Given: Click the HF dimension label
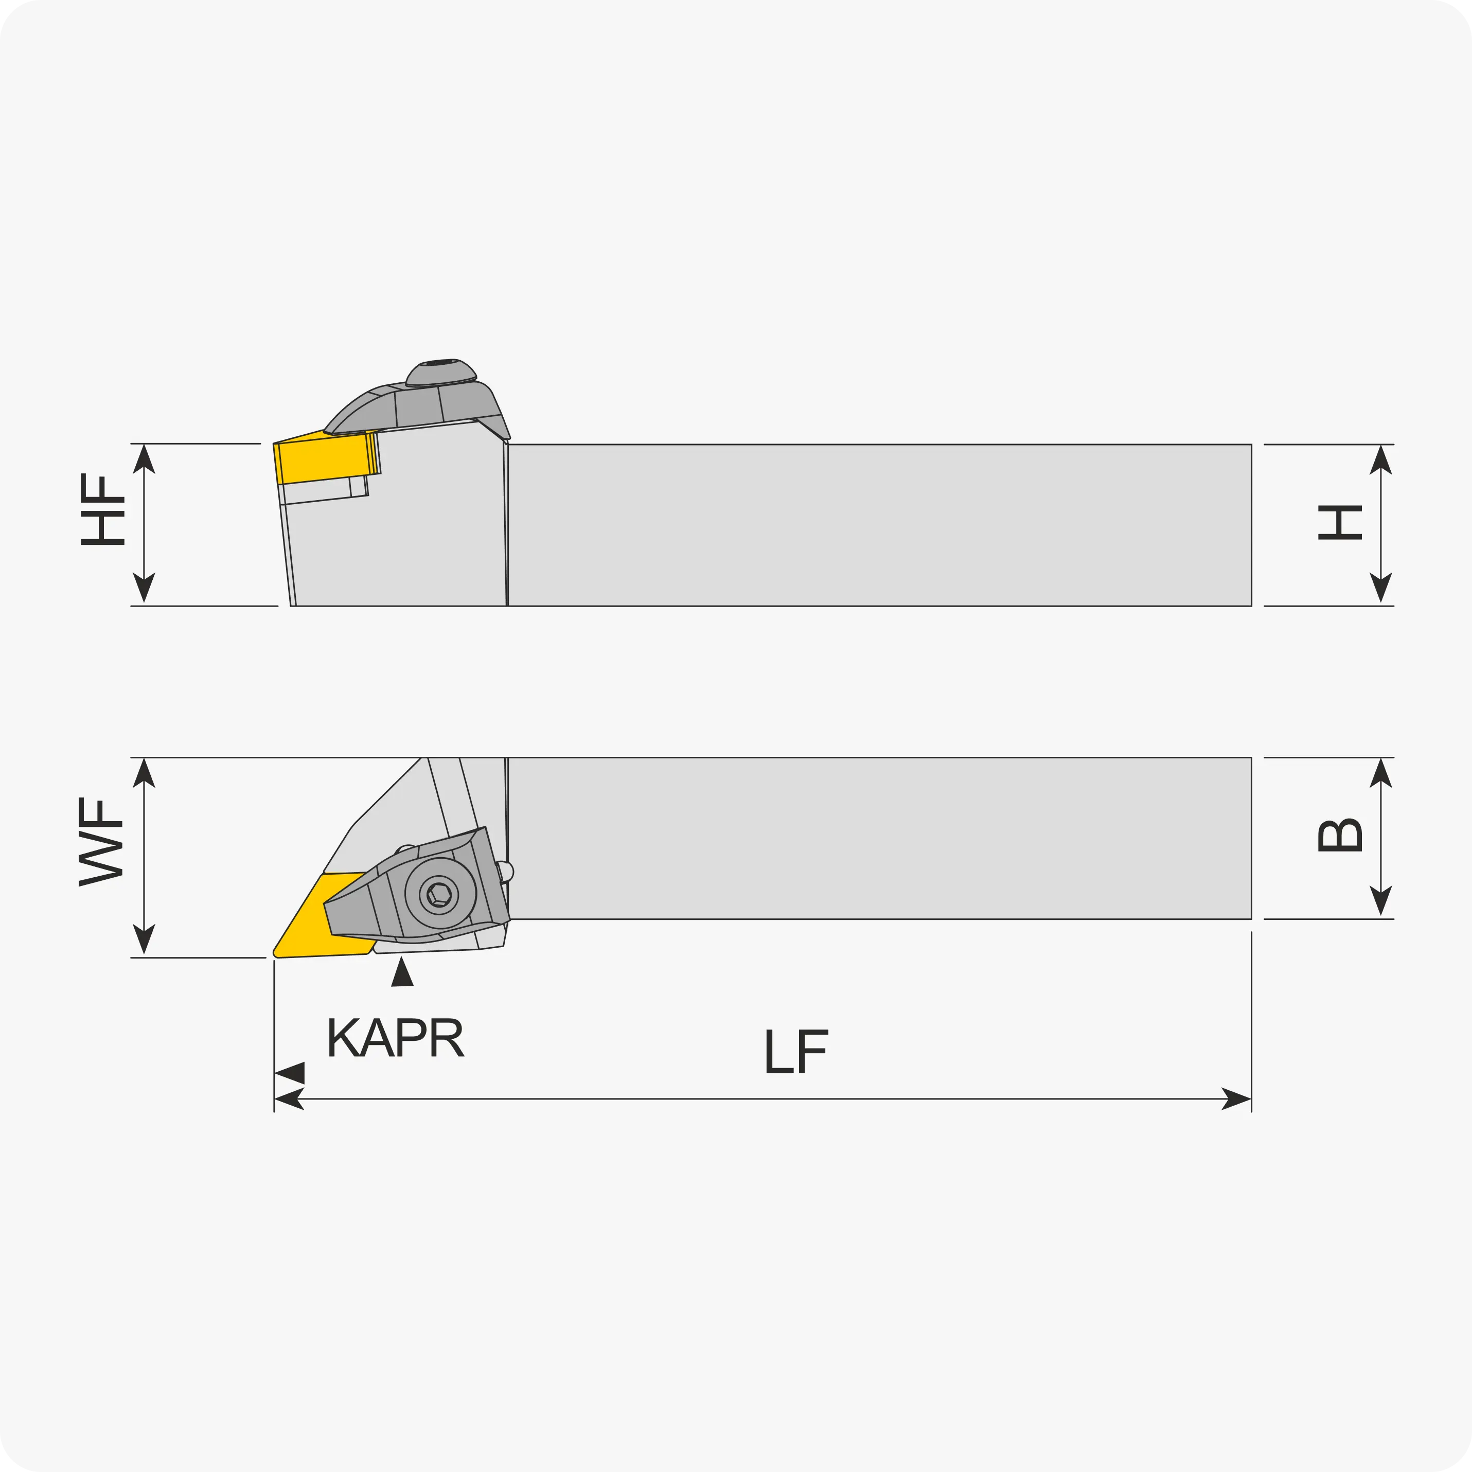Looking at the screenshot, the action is [x=102, y=510].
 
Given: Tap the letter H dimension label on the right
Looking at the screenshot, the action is [x=1340, y=523].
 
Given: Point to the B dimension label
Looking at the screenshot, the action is [x=1340, y=835].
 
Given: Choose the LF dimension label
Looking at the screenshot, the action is [x=796, y=1052].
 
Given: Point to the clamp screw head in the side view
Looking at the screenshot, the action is [x=441, y=373].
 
